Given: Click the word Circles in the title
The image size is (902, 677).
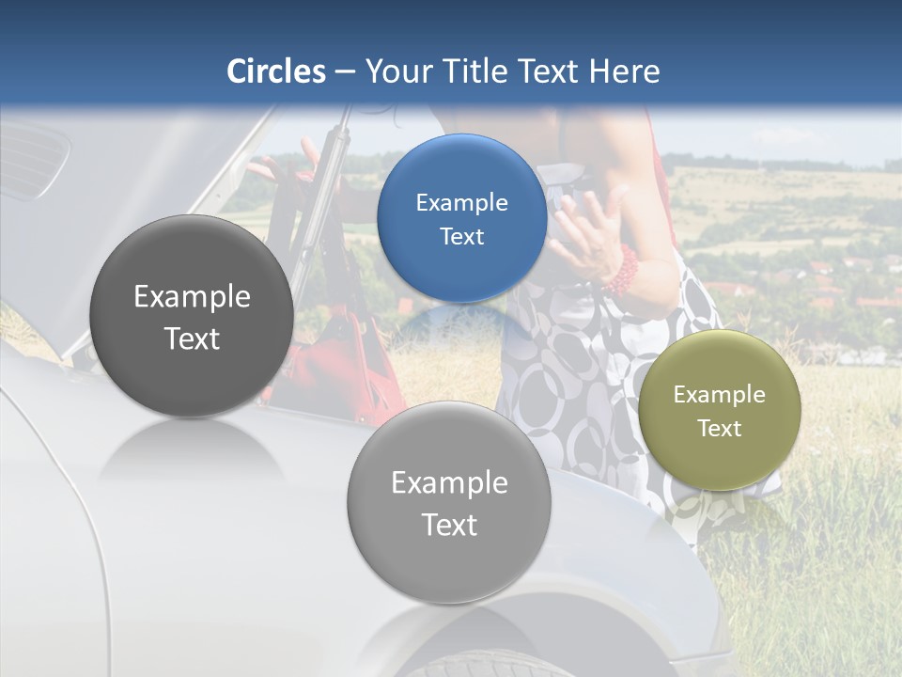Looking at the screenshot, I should click(x=275, y=71).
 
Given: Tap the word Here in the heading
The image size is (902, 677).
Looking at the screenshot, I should click(x=625, y=71).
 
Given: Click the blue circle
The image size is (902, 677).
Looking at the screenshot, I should click(x=461, y=218).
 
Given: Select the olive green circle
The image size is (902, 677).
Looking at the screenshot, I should click(x=720, y=410).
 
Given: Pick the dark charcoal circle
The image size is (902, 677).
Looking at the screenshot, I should click(x=192, y=316).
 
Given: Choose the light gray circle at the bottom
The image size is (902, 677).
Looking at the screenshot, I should click(x=449, y=502).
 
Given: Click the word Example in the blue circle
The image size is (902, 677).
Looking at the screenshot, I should click(x=461, y=202).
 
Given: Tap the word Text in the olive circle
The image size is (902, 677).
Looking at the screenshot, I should click(x=720, y=429).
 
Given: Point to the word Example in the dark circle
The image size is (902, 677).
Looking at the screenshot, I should click(x=192, y=297).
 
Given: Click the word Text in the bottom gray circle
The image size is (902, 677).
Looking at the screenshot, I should click(x=449, y=525).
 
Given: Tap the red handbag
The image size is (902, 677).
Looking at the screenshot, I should click(x=338, y=367).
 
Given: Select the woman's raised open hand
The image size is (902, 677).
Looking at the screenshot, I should click(x=592, y=230).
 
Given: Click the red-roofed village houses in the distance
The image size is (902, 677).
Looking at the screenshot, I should click(x=827, y=282).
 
